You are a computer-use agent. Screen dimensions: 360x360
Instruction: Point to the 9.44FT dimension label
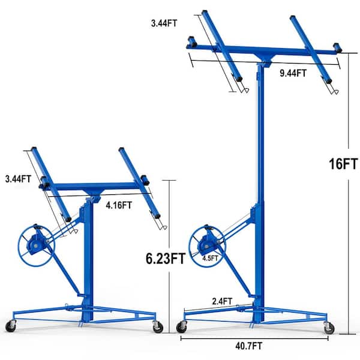tap(293, 73)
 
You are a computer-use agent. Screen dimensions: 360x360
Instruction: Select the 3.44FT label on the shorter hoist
tap(16, 178)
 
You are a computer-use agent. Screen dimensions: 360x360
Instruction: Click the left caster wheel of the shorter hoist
tap(11, 326)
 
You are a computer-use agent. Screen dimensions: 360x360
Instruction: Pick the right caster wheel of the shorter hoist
tap(158, 326)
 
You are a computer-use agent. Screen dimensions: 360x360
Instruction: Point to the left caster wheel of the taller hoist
tap(181, 327)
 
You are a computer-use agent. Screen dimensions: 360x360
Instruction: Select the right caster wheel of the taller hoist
tap(329, 327)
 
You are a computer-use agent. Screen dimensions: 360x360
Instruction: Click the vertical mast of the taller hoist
tap(259, 150)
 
